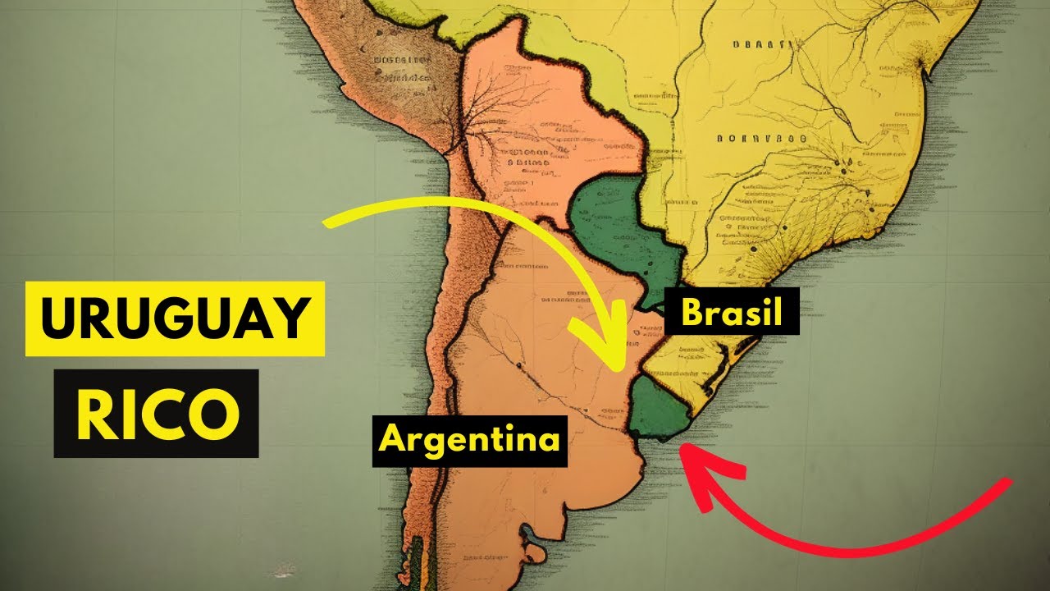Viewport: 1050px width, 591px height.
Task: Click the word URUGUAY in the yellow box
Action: (x=175, y=320)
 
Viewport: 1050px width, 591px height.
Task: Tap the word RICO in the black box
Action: (x=156, y=413)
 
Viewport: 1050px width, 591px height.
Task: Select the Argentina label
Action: (x=469, y=440)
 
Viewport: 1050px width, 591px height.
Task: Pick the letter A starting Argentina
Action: (x=393, y=440)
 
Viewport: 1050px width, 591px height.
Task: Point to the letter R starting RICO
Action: (x=94, y=413)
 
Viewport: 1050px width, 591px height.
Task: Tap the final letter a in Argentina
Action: (x=549, y=442)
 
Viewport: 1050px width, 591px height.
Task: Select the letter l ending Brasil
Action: (x=776, y=313)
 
